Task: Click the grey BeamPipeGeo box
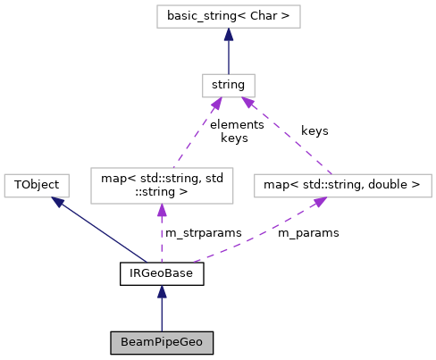coord(162,343)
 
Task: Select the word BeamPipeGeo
coord(162,343)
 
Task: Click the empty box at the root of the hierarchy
coord(228,16)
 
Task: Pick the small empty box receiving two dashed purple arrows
coord(228,86)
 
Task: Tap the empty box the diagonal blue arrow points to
coord(36,186)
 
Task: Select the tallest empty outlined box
coord(162,186)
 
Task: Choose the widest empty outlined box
coord(342,186)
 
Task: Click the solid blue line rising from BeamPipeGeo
coord(162,315)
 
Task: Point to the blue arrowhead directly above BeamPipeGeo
coord(162,291)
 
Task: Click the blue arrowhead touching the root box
coord(229,35)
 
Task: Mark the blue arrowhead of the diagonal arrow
coord(59,203)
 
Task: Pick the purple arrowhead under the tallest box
coord(162,211)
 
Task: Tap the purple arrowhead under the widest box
coord(317,204)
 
